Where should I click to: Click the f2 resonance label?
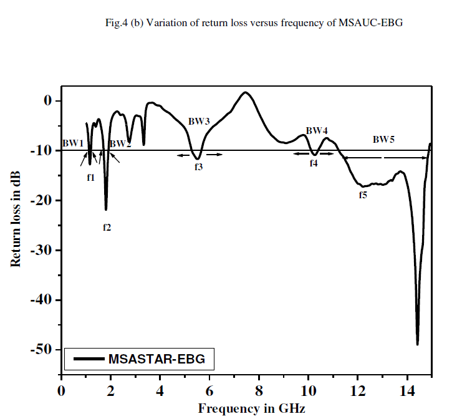coord(107,228)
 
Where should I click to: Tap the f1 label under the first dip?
coord(90,178)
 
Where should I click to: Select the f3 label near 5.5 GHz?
coord(198,167)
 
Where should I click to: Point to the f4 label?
coord(314,163)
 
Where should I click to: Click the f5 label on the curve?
coord(363,195)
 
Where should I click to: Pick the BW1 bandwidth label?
coord(73,143)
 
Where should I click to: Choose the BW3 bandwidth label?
coord(199,121)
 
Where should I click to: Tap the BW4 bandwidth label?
coord(317,130)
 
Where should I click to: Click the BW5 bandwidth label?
coord(383,140)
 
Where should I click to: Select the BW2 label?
coord(120,144)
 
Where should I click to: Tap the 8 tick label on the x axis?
coord(259,391)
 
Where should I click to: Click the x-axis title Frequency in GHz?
coord(252,408)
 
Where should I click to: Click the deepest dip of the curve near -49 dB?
coord(417,344)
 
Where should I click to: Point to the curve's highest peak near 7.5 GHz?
coord(246,93)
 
